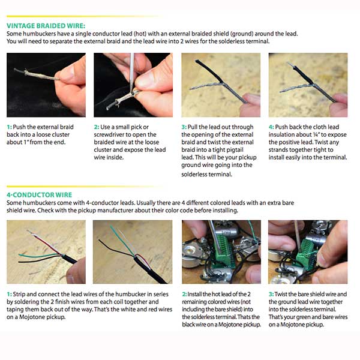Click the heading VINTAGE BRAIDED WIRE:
point(46,26)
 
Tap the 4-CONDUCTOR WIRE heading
point(39,195)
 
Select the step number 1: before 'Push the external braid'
point(9,127)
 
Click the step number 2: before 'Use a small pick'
point(97,127)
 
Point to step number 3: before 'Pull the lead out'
point(184,127)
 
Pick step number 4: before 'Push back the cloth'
point(271,127)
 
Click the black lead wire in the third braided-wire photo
point(209,71)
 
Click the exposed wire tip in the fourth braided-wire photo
point(290,65)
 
